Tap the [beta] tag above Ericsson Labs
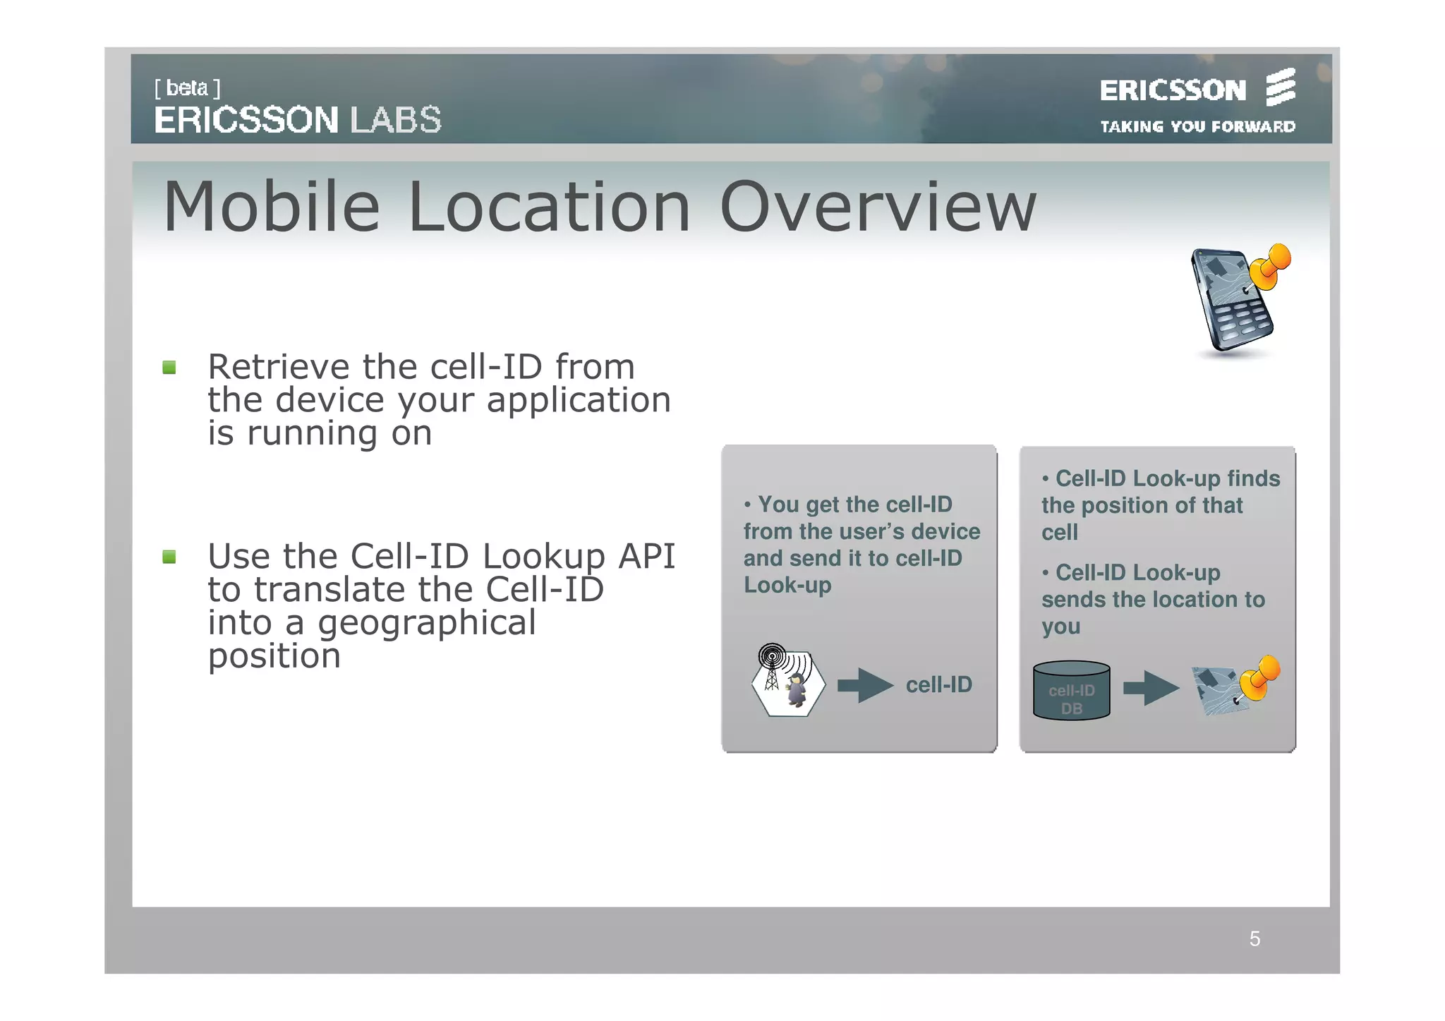[x=187, y=88]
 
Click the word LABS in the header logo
[x=396, y=120]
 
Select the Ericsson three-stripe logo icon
[x=1280, y=87]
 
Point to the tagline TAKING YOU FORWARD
[x=1197, y=127]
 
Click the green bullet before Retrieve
[x=169, y=368]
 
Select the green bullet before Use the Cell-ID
[x=169, y=557]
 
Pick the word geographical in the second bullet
[x=426, y=623]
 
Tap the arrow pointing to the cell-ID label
[x=865, y=685]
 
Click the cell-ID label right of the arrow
[x=938, y=685]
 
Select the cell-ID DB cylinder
[x=1071, y=691]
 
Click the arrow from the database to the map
[x=1151, y=687]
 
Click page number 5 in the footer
[x=1254, y=939]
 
